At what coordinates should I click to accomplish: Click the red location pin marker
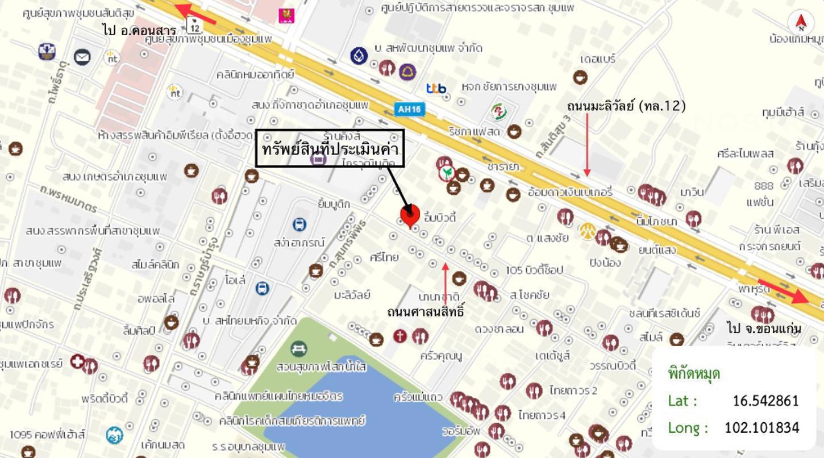click(410, 215)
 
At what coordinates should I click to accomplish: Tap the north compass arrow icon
click(801, 22)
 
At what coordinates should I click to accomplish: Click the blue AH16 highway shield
click(409, 109)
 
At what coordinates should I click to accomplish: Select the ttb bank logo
click(436, 88)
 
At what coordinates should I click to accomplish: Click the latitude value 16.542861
click(765, 401)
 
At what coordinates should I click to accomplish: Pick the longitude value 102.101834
click(761, 427)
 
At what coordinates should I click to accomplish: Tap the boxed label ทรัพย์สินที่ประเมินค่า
click(330, 149)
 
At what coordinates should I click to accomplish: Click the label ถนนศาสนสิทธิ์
click(426, 312)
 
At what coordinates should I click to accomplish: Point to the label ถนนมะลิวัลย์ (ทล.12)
click(626, 106)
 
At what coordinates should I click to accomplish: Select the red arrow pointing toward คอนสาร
click(195, 14)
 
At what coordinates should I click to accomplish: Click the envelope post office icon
click(82, 57)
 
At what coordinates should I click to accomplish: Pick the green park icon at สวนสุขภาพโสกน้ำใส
click(298, 348)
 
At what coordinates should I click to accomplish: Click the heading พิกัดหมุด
click(694, 374)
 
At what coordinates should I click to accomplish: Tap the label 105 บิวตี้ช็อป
click(534, 270)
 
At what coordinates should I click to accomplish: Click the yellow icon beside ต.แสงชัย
click(587, 231)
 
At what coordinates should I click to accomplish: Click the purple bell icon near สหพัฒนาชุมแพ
click(407, 72)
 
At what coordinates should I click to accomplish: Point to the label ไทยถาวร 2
click(573, 390)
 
